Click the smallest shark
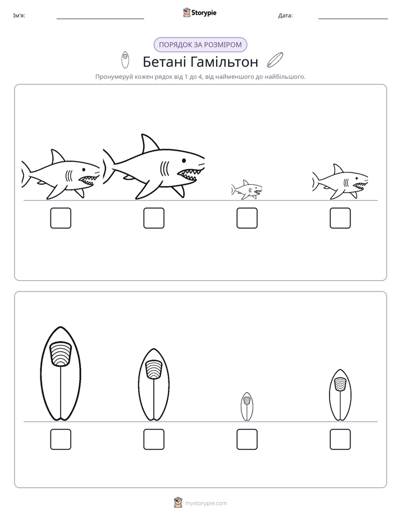pyautogui.click(x=247, y=190)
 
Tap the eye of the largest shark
pyautogui.click(x=184, y=160)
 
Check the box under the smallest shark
pyautogui.click(x=247, y=218)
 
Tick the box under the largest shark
pyautogui.click(x=154, y=218)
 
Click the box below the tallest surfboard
pyautogui.click(x=61, y=439)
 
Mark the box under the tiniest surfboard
pyautogui.click(x=247, y=439)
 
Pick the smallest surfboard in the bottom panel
pyautogui.click(x=247, y=407)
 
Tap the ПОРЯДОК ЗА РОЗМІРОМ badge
pyautogui.click(x=200, y=45)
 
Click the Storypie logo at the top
pyautogui.click(x=199, y=12)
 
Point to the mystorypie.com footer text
pyautogui.click(x=206, y=503)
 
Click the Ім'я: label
pyautogui.click(x=19, y=16)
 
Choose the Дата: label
pyautogui.click(x=285, y=16)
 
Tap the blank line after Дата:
pyautogui.click(x=353, y=19)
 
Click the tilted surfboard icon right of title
pyautogui.click(x=275, y=60)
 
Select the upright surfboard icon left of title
pyautogui.click(x=125, y=60)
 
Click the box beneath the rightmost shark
pyautogui.click(x=340, y=218)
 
